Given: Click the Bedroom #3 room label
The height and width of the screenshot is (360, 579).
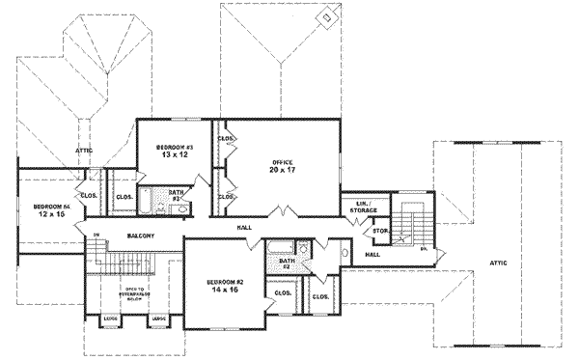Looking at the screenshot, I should pos(171,146).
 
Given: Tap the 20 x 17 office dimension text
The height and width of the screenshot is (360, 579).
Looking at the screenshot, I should pos(281,169).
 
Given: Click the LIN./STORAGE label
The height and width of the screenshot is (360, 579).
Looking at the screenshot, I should pos(364,206).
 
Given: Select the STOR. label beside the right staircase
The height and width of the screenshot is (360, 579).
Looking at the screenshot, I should pos(380,232).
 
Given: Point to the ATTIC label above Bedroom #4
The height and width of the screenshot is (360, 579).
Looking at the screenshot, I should pos(84,151).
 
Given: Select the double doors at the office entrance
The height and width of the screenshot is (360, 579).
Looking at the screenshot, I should pos(282,212).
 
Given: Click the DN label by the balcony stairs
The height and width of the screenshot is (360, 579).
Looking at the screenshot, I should pos(96,235).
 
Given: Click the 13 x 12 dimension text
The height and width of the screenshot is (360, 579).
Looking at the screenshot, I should pos(171,154).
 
